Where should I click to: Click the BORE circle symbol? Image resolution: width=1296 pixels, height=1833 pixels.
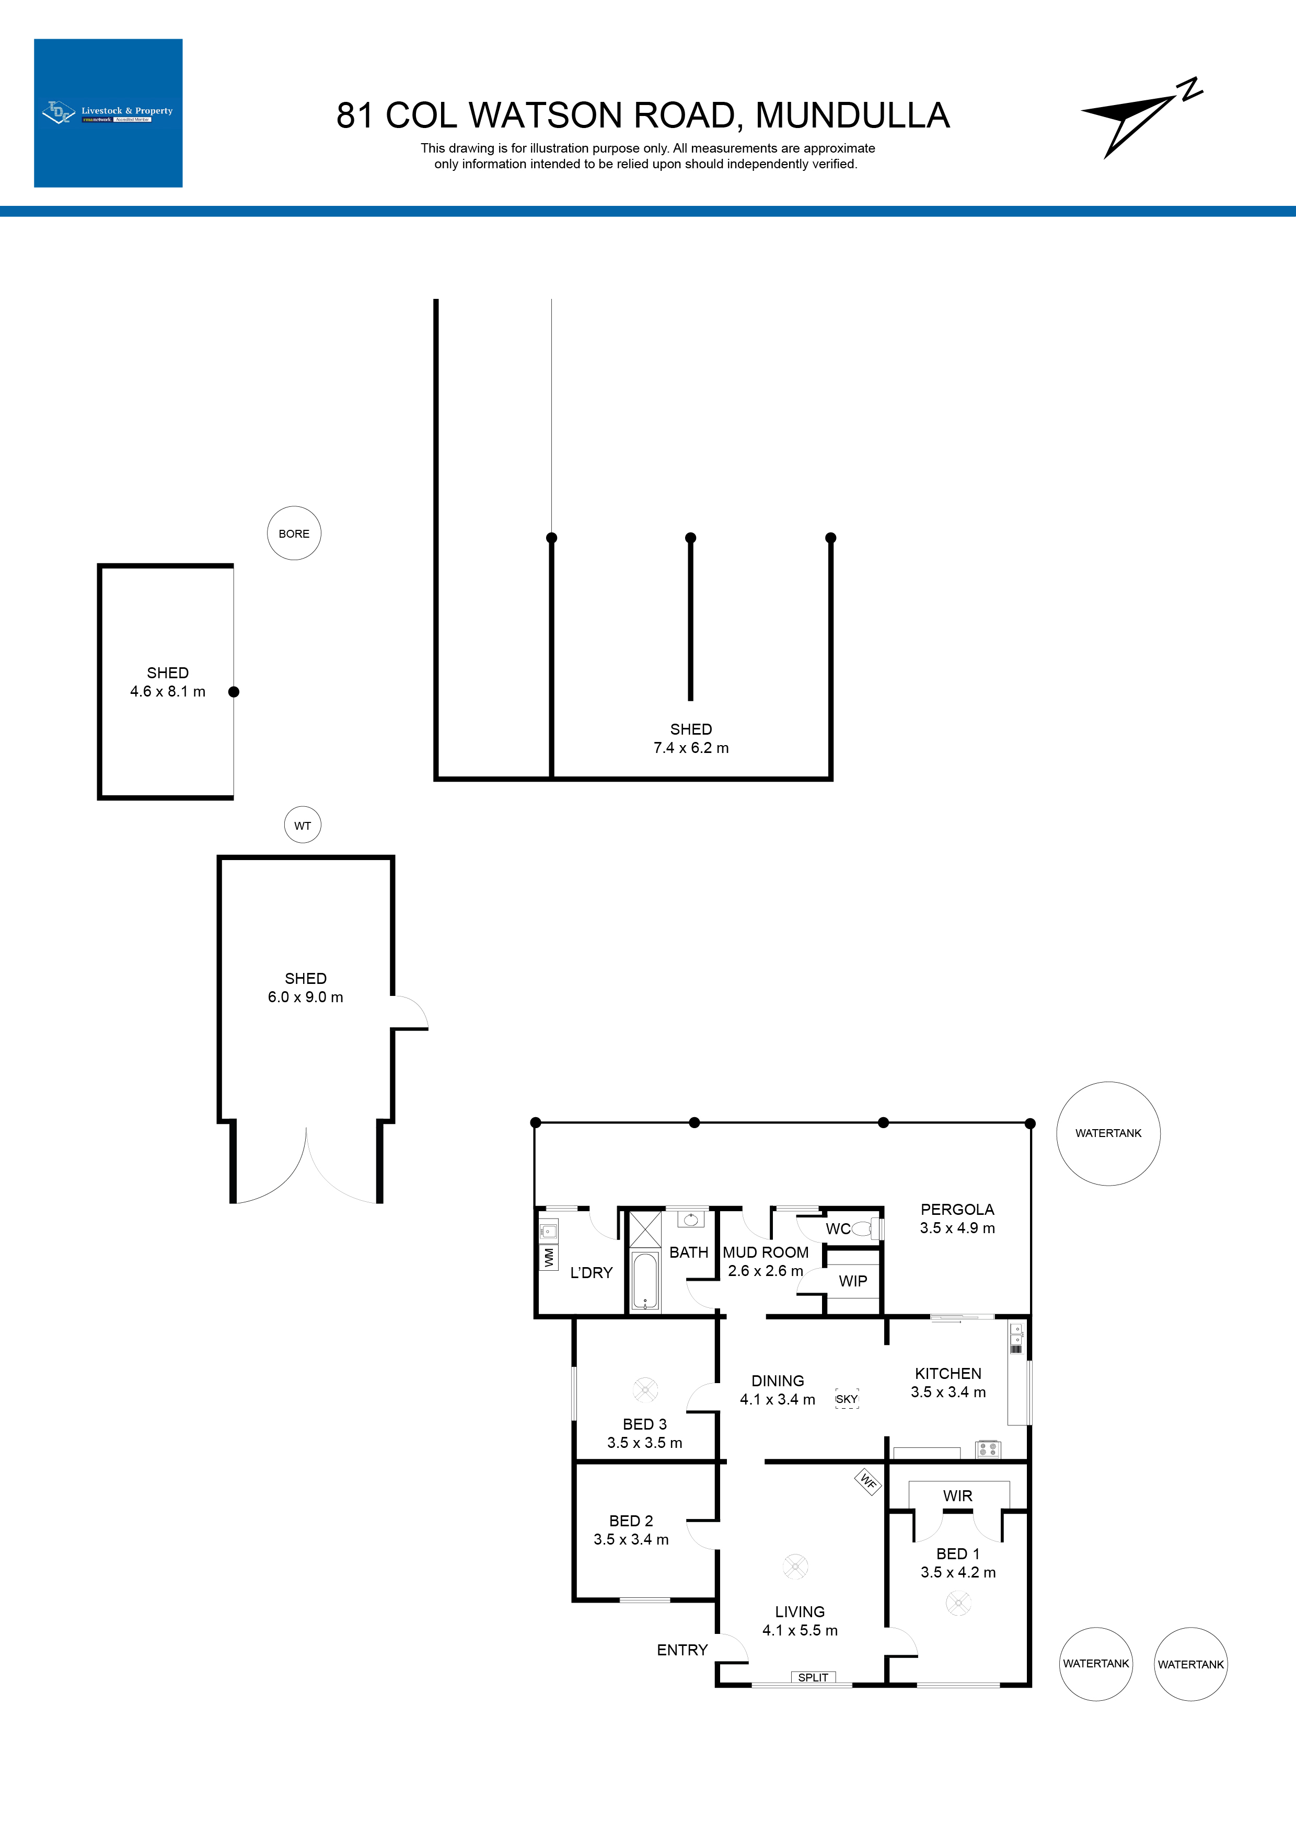[x=294, y=533]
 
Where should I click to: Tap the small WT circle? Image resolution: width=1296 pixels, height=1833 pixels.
[x=303, y=826]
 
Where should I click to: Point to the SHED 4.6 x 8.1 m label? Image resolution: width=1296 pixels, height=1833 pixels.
[x=168, y=682]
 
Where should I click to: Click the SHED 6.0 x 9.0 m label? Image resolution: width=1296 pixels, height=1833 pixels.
[x=305, y=988]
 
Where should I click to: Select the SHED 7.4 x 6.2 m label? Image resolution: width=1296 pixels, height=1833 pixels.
[x=691, y=738]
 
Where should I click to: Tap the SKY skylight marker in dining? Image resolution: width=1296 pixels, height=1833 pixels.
[x=847, y=1399]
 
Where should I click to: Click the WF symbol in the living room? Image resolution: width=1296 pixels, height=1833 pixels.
[x=868, y=1482]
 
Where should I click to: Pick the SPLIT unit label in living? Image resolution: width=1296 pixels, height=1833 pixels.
[x=813, y=1677]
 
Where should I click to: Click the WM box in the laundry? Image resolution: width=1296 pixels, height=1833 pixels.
[x=549, y=1257]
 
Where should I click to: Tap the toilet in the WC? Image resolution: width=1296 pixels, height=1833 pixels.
[x=864, y=1228]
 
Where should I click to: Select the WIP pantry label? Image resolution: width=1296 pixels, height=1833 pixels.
[x=853, y=1281]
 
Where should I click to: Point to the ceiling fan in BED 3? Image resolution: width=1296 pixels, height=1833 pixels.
[x=645, y=1389]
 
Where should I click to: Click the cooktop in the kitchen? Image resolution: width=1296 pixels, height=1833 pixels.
[x=988, y=1449]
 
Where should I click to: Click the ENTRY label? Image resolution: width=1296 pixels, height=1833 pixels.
[x=682, y=1650]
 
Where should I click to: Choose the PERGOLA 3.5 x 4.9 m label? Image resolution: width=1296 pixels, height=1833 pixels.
[x=957, y=1219]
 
